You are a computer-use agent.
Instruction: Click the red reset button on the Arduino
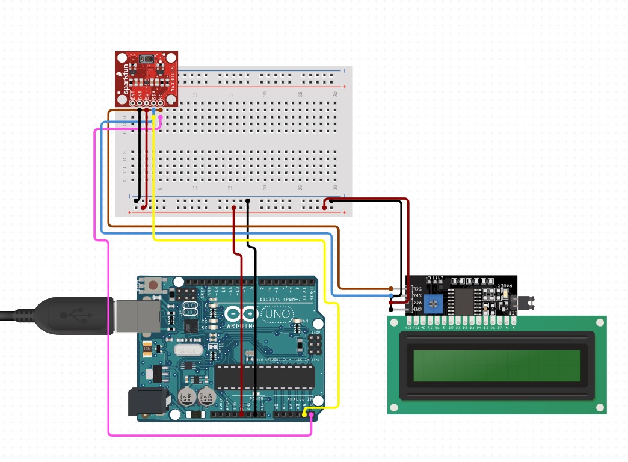pos(154,285)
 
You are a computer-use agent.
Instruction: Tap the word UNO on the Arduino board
pos(279,315)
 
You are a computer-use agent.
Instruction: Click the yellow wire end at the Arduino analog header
pos(305,413)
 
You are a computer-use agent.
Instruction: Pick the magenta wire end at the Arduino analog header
pos(312,414)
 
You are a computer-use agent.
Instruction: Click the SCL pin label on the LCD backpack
pos(417,289)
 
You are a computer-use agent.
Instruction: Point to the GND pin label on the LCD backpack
pos(417,309)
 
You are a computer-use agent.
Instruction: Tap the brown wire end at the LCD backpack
pos(392,289)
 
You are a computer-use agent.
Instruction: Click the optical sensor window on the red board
pos(146,59)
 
